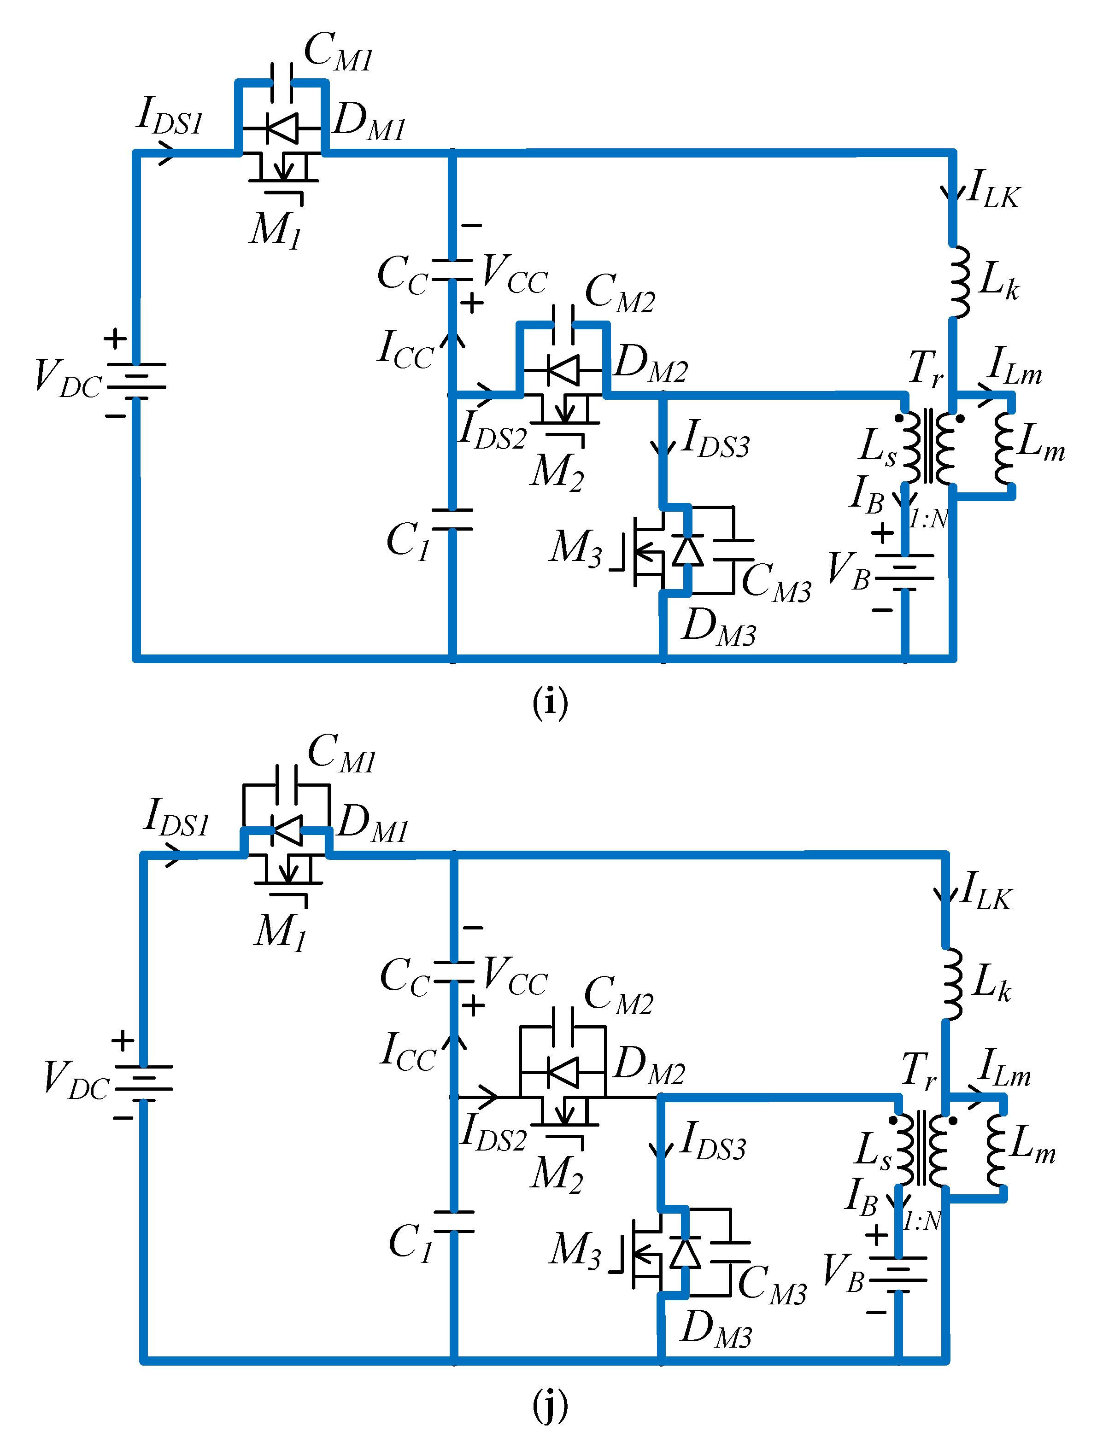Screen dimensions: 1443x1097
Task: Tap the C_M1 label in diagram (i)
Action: click(338, 52)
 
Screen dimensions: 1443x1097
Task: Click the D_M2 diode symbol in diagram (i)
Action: click(563, 370)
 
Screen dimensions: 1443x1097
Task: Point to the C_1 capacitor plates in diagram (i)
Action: click(452, 520)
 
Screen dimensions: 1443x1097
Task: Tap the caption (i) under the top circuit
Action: click(550, 702)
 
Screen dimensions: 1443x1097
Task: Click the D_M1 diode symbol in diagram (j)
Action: click(287, 831)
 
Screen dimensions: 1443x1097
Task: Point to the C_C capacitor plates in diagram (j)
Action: click(454, 972)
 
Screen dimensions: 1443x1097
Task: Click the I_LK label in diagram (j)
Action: click(986, 892)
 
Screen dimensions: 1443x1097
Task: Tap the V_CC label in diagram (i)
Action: click(514, 272)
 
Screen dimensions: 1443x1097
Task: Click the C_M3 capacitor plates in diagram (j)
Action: click(730, 1252)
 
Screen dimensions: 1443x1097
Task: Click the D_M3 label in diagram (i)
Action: click(718, 628)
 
